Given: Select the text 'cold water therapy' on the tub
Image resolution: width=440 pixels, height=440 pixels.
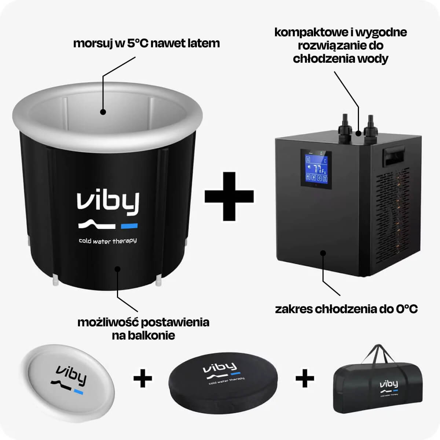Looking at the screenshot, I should [108, 241].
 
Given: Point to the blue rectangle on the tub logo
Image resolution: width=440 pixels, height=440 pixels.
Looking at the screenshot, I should [129, 225].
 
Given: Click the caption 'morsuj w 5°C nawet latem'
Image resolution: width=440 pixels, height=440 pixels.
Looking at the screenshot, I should [146, 43].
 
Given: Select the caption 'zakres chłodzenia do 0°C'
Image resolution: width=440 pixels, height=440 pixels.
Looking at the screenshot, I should [346, 309].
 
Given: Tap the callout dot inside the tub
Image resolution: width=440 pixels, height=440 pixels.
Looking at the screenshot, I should [103, 112].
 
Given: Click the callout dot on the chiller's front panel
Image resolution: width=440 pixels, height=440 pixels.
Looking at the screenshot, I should [323, 253].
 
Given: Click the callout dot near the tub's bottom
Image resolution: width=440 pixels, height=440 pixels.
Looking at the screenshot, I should [117, 269].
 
